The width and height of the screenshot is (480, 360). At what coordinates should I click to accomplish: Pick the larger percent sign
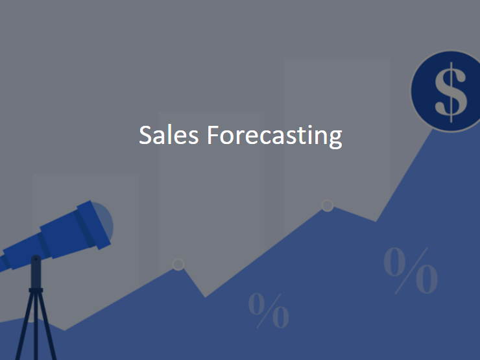[410, 269]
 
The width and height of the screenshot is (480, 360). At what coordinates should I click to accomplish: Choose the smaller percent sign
[269, 311]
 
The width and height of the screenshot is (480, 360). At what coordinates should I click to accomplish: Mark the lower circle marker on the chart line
[178, 264]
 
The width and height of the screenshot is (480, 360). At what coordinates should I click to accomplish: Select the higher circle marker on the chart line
[328, 206]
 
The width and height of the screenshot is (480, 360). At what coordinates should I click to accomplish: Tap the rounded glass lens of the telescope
[104, 222]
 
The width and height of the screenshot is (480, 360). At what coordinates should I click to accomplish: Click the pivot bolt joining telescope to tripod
[36, 260]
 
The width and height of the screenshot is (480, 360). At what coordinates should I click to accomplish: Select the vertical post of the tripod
[36, 285]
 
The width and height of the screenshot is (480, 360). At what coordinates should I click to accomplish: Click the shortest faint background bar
[86, 227]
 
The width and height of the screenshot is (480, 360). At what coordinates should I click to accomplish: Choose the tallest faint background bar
[336, 130]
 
